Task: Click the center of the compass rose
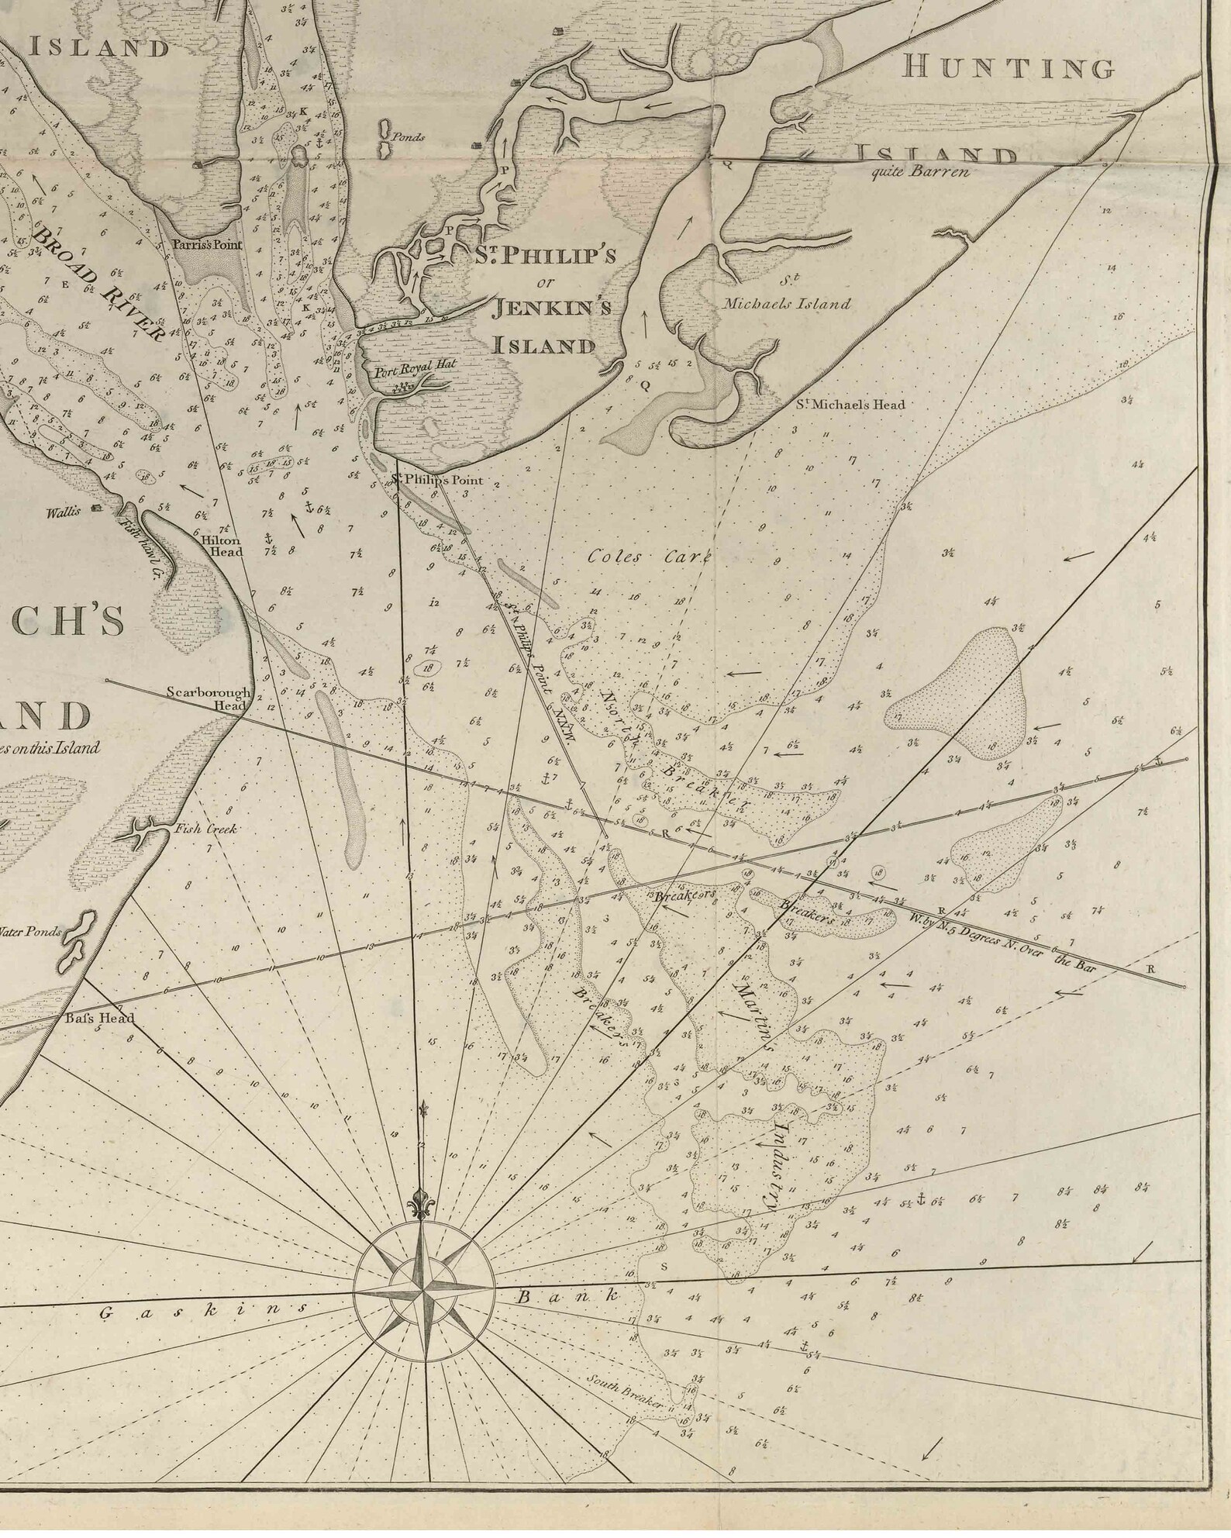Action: tap(423, 1291)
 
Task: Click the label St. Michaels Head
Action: tap(850, 404)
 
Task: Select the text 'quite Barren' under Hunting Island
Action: tap(919, 172)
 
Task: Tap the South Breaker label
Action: tap(624, 1391)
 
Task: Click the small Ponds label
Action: tap(408, 136)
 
